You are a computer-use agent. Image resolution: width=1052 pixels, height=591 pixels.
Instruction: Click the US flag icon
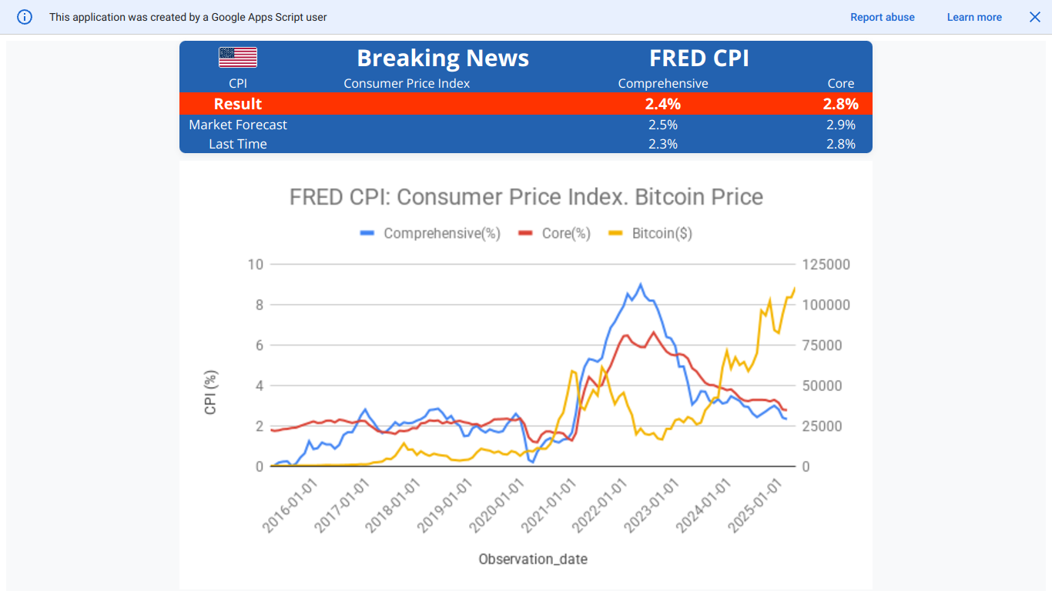238,58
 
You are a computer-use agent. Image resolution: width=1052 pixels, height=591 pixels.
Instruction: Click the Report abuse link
883,17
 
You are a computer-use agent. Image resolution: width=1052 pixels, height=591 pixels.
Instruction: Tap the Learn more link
974,17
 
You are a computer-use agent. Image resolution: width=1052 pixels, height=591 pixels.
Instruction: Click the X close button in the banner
1035,17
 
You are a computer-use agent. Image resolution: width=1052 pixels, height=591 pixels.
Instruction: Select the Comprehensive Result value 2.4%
663,104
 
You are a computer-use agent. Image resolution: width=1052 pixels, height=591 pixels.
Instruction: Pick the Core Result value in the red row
840,104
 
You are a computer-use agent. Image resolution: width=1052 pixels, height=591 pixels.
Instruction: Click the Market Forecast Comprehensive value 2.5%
663,125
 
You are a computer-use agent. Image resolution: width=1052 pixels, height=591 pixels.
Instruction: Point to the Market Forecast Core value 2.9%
840,125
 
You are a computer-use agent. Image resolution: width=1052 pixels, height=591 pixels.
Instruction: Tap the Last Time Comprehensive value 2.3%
663,144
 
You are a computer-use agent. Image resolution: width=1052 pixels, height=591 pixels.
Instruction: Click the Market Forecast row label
238,125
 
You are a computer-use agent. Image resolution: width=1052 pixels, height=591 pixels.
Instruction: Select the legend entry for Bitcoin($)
662,233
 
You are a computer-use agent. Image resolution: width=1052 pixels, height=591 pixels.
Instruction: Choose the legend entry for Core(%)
565,233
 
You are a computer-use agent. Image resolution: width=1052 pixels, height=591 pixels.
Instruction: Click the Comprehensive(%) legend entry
441,233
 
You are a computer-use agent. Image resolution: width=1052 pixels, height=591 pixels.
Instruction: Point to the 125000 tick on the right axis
826,265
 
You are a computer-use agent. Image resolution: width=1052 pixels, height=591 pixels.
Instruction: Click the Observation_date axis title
533,559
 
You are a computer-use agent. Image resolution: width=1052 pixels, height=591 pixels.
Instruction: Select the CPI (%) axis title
211,392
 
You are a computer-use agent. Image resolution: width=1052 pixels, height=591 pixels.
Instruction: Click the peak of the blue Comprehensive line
640,284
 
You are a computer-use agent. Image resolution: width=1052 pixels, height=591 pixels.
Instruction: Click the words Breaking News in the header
443,58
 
